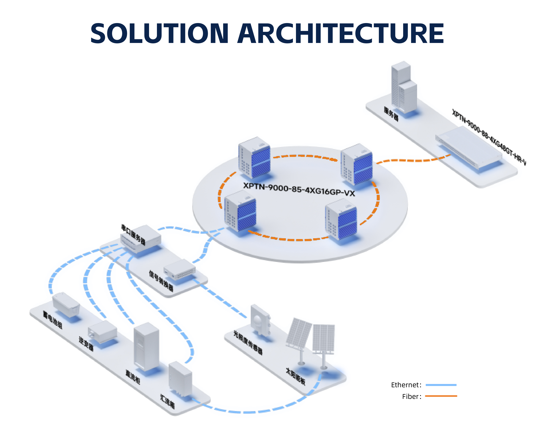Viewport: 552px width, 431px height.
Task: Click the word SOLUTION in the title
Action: tap(159, 33)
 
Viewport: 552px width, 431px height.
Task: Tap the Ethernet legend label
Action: tap(406, 385)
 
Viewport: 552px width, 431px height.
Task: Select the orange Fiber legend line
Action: tap(441, 396)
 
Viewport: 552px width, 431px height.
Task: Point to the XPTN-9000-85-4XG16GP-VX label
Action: tap(299, 189)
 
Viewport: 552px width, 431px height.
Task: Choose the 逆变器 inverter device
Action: tap(102, 331)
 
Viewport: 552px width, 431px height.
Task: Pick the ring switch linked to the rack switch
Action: tap(356, 164)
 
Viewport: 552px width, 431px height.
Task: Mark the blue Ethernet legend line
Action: tap(441, 385)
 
